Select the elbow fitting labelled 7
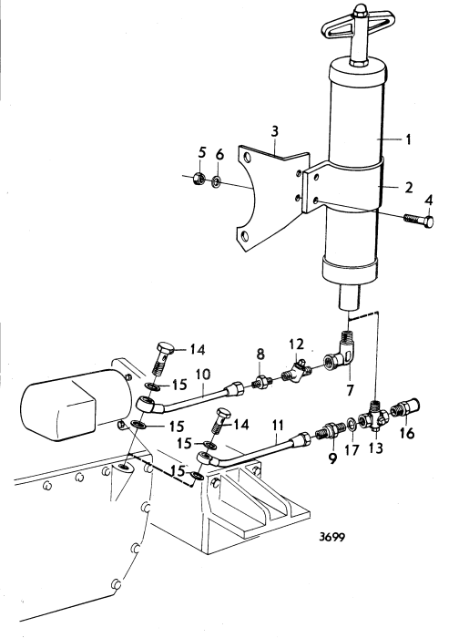(x=260, y=380)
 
